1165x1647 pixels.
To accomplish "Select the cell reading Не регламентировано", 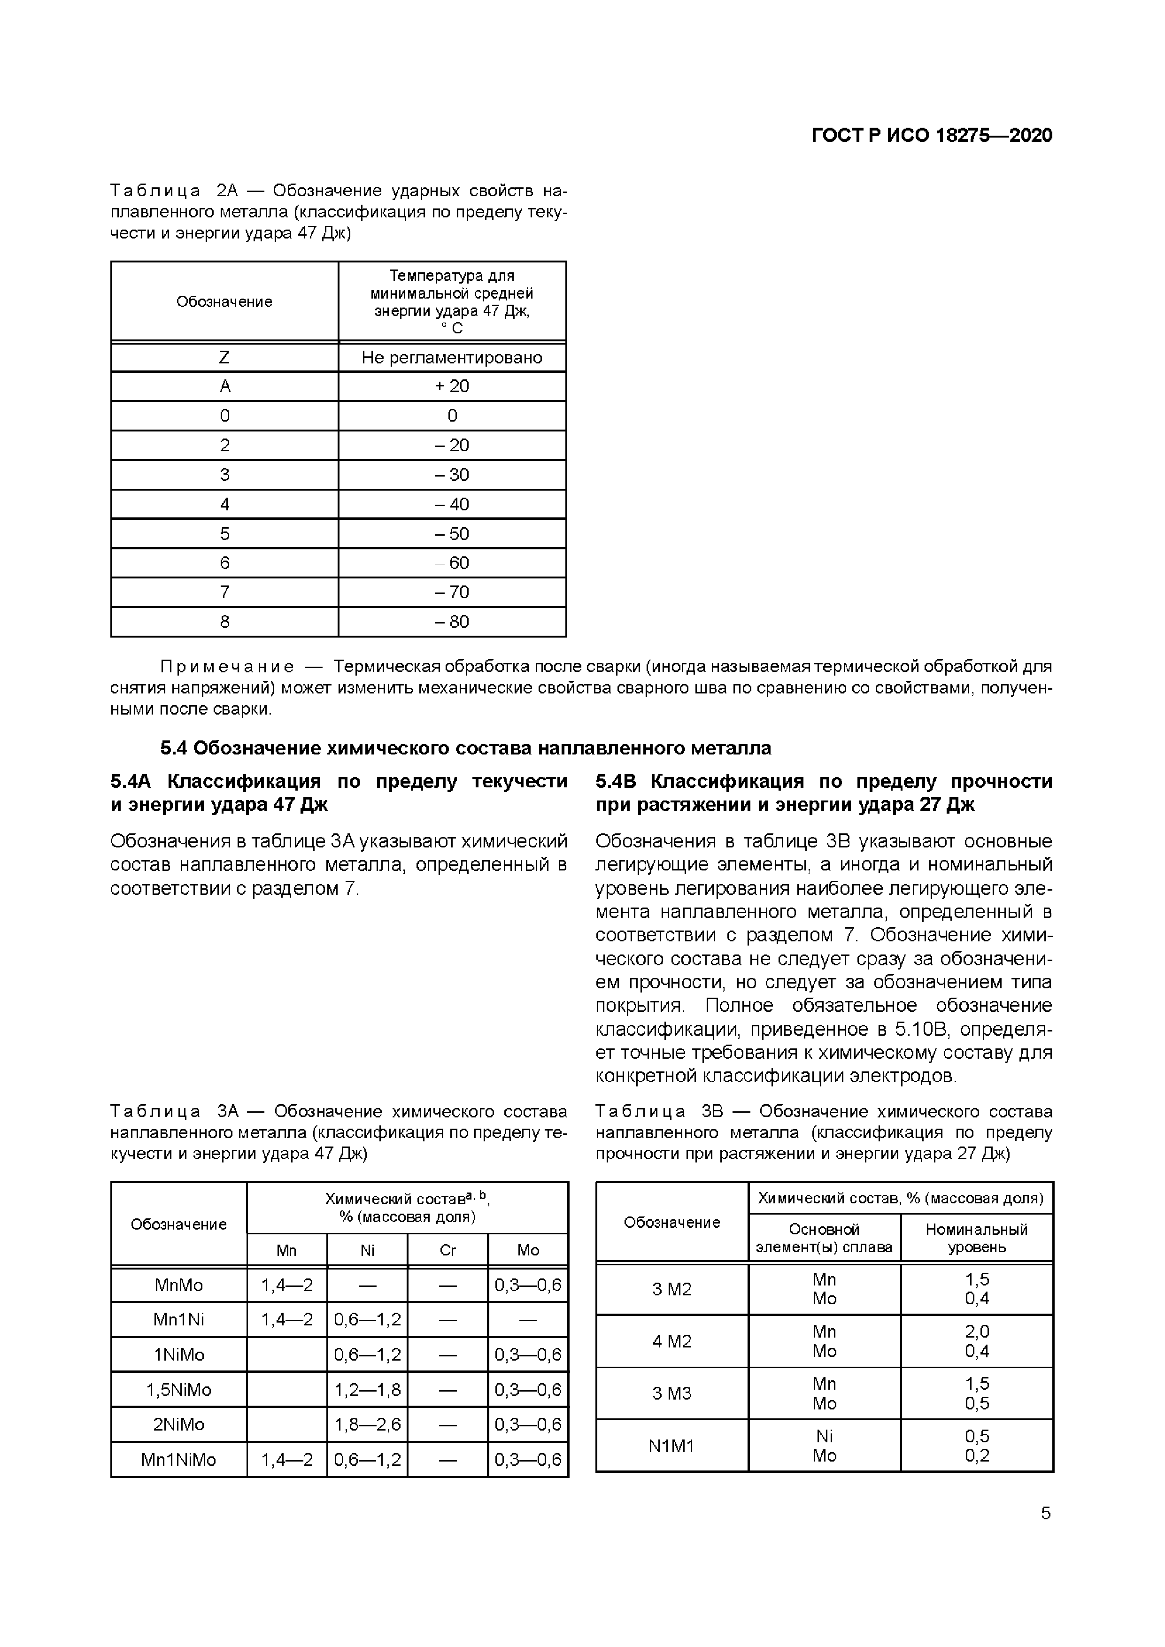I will [451, 357].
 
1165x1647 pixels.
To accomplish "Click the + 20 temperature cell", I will [451, 386].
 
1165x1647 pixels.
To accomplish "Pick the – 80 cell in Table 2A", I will [451, 621].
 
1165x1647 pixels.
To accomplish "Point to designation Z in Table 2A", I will [224, 357].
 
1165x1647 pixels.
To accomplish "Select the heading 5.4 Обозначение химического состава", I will [465, 748].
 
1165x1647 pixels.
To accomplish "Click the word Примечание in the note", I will [227, 666].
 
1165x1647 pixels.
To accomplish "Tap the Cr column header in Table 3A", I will [447, 1250].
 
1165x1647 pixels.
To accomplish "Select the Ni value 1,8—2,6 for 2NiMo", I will [367, 1424].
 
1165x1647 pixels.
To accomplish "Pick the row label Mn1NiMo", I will [178, 1459].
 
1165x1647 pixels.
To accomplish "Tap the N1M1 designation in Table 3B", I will [671, 1446].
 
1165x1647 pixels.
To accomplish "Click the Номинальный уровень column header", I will [976, 1238].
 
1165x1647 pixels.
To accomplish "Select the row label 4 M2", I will [671, 1341].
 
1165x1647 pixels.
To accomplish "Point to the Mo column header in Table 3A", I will [528, 1250].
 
